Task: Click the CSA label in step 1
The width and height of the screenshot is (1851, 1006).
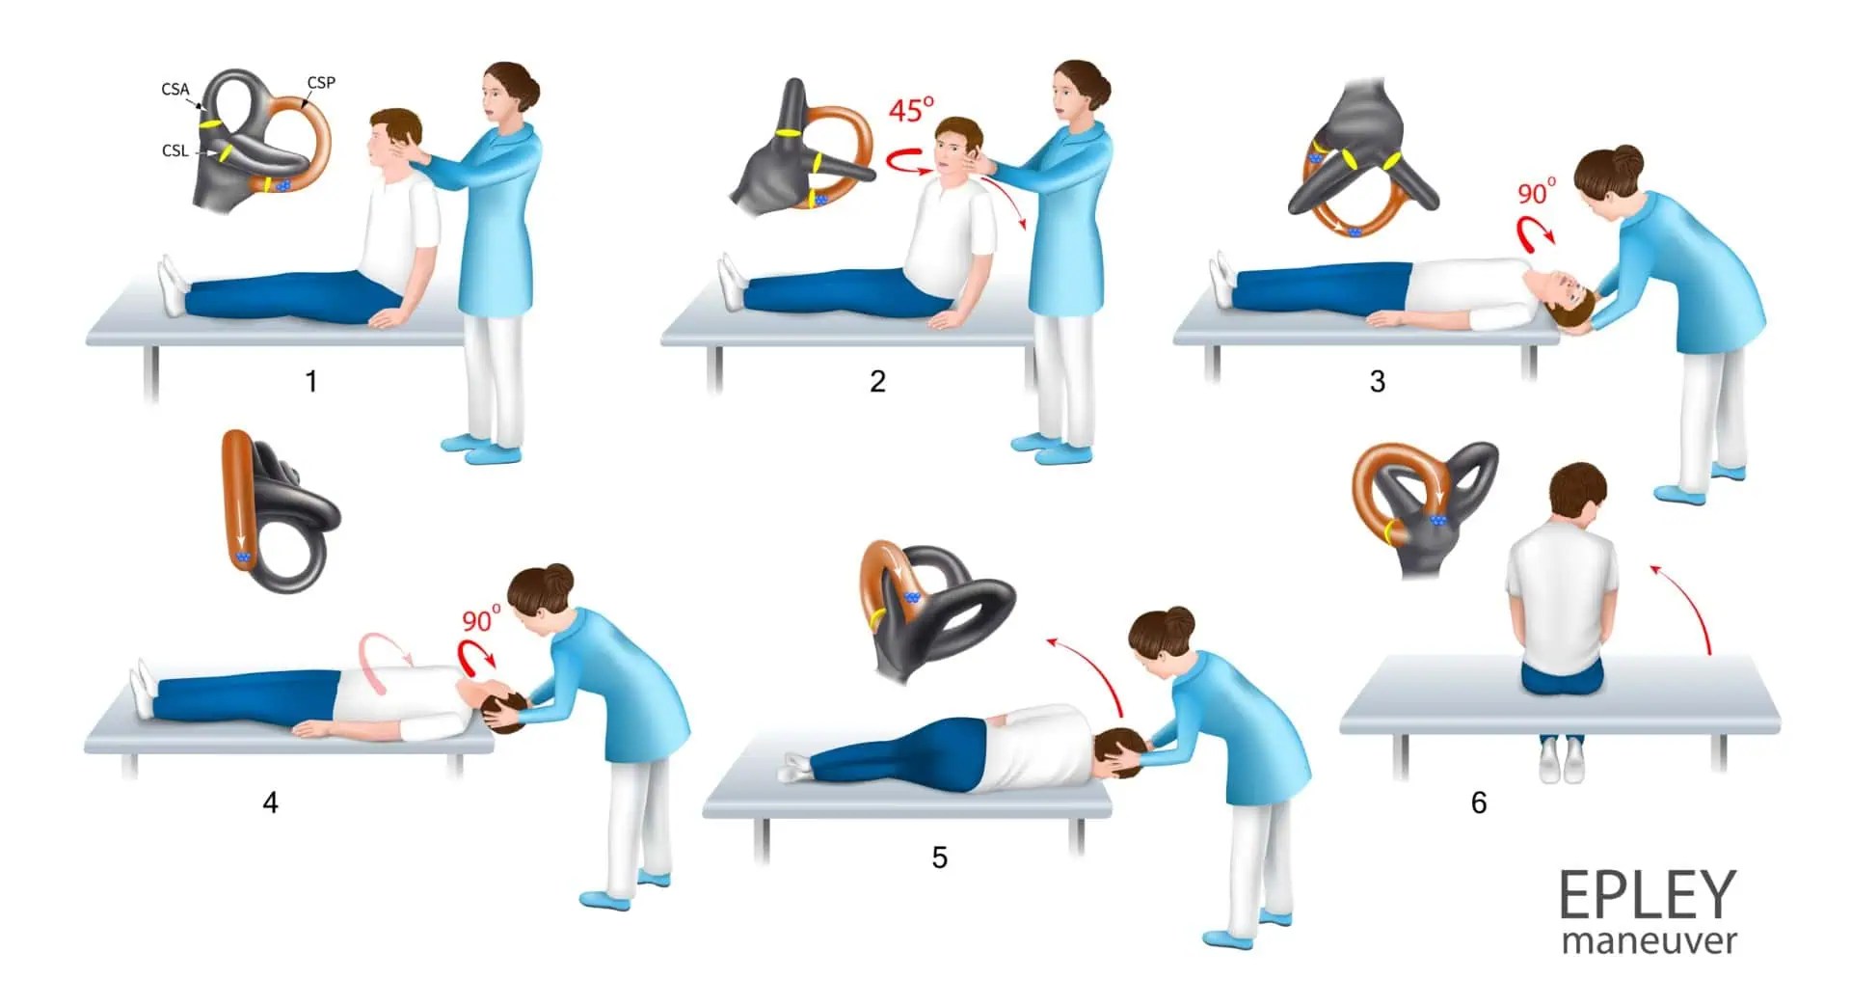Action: click(x=174, y=89)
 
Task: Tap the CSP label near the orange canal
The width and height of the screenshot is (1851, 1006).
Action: click(x=321, y=83)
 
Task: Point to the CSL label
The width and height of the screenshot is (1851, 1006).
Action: click(x=174, y=150)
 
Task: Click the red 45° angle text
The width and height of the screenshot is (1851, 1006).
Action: click(x=911, y=109)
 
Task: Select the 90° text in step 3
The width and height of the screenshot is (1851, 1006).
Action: click(x=1537, y=193)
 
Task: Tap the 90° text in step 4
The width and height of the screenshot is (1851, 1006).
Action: click(x=481, y=619)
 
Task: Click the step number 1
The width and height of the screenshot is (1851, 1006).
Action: click(x=311, y=382)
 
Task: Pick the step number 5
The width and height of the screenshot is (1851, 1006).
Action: click(x=939, y=857)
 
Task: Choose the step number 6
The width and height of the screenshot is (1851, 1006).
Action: click(x=1479, y=802)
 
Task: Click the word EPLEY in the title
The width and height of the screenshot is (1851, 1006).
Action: click(x=1647, y=896)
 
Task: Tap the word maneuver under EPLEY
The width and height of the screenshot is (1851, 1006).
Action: click(x=1649, y=940)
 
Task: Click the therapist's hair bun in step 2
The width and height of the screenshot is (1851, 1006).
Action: click(x=1097, y=81)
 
